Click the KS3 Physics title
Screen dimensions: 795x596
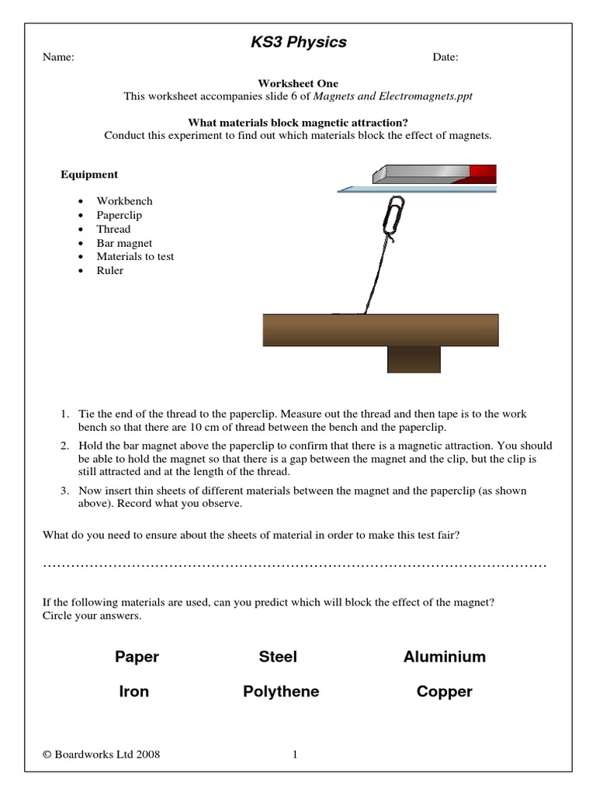coord(298,43)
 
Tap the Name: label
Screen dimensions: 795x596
coord(58,57)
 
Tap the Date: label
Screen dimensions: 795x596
coord(445,57)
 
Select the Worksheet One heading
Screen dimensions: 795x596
coord(298,84)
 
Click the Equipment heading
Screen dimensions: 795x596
coord(89,175)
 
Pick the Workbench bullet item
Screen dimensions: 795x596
coord(124,201)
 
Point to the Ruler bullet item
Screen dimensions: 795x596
coord(109,271)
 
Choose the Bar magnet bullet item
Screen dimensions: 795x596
coord(124,243)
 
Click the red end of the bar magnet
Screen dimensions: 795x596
coord(483,174)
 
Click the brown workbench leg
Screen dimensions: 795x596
coord(414,359)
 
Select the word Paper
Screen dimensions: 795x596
coord(137,657)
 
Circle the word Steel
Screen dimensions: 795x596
coord(278,657)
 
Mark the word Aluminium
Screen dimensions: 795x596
coord(444,657)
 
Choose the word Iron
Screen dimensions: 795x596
coord(133,692)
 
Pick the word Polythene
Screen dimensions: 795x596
coord(280,692)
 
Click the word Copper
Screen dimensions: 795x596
coord(444,692)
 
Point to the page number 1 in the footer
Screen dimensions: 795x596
coord(296,754)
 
